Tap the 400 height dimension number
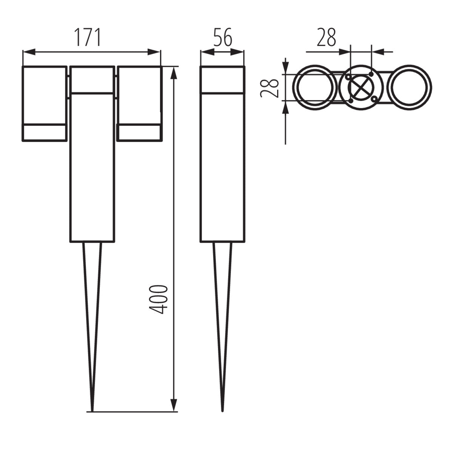click(x=158, y=300)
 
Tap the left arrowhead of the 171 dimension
click(x=29, y=52)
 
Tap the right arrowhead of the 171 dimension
click(x=155, y=52)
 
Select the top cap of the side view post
click(x=222, y=80)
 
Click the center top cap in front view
click(x=92, y=80)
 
